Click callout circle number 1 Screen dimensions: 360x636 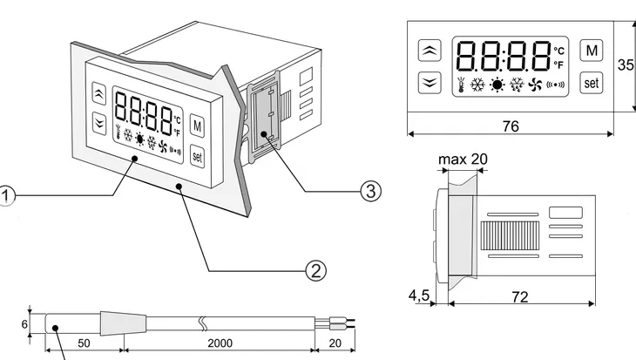point(5,196)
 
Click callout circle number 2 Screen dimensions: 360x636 point(315,268)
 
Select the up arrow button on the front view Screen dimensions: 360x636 point(430,51)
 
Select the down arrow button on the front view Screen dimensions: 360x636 point(430,83)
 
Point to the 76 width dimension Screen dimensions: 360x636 point(511,126)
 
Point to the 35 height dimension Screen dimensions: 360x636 point(626,65)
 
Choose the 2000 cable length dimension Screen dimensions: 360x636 point(220,343)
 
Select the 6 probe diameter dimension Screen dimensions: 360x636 point(24,322)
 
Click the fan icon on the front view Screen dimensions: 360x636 point(537,85)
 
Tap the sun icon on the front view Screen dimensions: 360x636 point(497,85)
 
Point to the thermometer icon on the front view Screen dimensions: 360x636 point(459,85)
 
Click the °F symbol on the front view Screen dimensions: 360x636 point(559,65)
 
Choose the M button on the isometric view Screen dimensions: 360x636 point(196,126)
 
